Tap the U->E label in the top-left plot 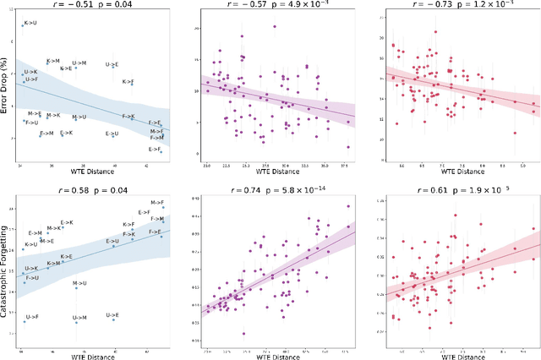point(112,64)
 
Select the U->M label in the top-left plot point(79,63)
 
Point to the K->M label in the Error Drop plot point(53,61)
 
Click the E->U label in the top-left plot point(112,134)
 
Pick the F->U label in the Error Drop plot point(32,123)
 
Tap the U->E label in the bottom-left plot point(112,315)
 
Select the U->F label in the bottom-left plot point(32,317)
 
